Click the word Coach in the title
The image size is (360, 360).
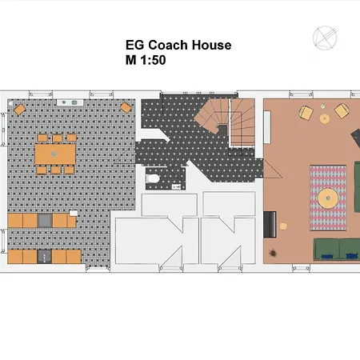click(171, 46)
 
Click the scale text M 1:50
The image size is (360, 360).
click(146, 59)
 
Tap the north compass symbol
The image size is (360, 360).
click(325, 38)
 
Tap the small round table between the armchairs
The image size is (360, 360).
click(325, 119)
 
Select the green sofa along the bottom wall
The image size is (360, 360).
click(336, 248)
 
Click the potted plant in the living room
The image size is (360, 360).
click(274, 253)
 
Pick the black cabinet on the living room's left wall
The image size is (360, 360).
click(270, 223)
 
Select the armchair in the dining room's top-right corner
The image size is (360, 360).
click(126, 108)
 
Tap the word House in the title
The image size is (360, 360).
click(211, 46)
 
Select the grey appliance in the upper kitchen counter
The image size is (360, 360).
click(45, 219)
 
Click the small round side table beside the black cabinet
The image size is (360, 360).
click(282, 227)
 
